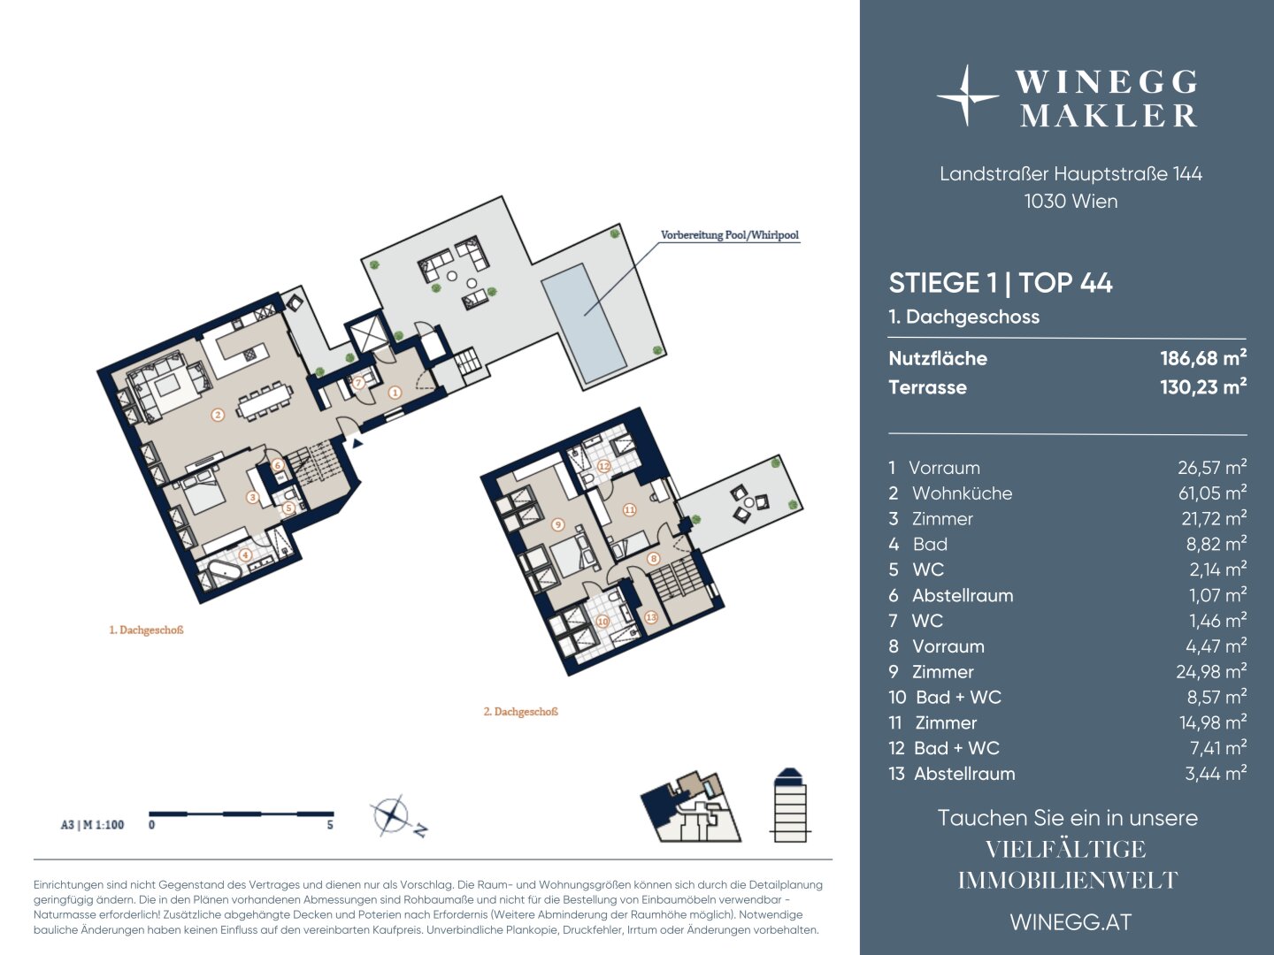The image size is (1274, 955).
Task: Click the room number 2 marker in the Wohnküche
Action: coord(218,415)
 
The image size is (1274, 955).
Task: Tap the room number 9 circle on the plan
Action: coord(557,524)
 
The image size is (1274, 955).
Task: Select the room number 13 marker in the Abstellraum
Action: coord(651,617)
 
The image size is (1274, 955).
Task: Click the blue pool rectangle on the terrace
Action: coord(584,324)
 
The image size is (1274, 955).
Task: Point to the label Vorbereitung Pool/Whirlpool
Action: coord(730,235)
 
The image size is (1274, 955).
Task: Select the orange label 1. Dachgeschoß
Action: coord(146,630)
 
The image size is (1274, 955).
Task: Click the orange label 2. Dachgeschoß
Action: coord(520,712)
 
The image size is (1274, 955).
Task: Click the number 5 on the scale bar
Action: coord(330,824)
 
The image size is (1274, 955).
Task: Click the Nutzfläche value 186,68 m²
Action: coord(1203,358)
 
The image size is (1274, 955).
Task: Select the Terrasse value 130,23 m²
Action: coord(1203,386)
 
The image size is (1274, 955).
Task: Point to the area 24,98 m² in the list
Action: coord(1211,671)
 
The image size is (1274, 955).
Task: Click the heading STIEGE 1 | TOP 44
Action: coord(1001,283)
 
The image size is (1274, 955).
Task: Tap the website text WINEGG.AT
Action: coord(1071,922)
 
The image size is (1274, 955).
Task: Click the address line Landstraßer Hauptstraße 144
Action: coord(1071,173)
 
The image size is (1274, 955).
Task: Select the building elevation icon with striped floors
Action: coord(790,806)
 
